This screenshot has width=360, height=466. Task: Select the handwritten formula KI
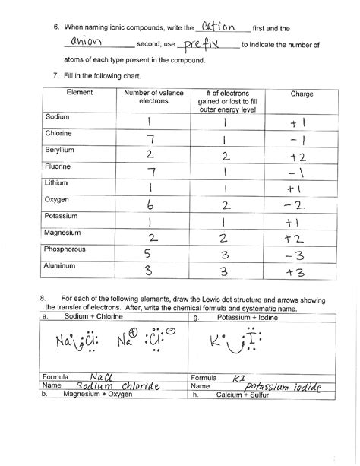pos(240,377)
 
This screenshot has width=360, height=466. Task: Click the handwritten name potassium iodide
pos(278,387)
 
